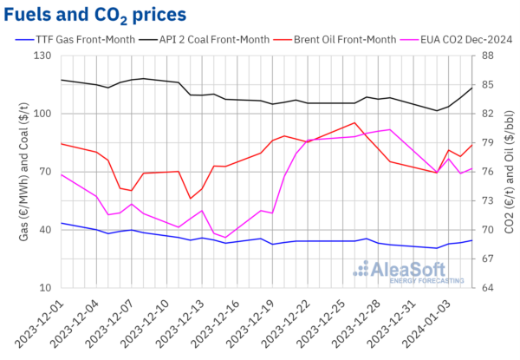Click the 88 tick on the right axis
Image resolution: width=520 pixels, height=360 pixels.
(485, 56)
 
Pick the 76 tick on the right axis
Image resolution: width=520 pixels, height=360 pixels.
(485, 172)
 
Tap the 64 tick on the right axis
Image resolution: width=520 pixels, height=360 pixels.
(485, 287)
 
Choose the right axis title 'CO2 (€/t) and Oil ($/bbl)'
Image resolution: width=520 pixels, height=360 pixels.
(510, 172)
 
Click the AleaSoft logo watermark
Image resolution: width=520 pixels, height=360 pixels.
(407, 272)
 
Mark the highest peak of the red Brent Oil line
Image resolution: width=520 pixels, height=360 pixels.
(355, 123)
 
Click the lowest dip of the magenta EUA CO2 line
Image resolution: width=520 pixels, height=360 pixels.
(225, 238)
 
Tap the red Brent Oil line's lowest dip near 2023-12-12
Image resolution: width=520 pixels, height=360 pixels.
(190, 199)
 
